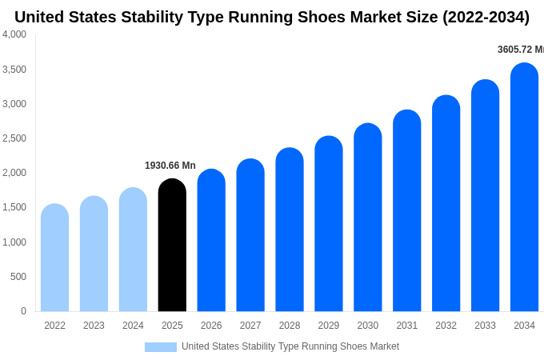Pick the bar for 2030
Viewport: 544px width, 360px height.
click(368, 218)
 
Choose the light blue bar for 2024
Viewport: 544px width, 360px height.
click(133, 250)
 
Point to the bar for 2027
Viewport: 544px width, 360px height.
click(250, 235)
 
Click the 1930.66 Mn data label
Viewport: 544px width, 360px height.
click(170, 166)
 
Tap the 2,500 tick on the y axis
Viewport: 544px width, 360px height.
click(14, 138)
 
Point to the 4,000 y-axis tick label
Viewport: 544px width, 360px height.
click(14, 34)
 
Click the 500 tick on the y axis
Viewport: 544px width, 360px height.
click(18, 277)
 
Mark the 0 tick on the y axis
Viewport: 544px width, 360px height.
click(23, 311)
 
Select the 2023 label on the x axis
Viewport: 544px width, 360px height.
click(94, 326)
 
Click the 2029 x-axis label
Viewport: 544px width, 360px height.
click(329, 326)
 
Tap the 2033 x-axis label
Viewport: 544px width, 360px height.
click(485, 326)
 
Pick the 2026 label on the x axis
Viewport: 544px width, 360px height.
click(211, 326)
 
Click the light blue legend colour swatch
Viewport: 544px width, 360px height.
click(160, 347)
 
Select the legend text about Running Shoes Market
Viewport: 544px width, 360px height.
click(290, 346)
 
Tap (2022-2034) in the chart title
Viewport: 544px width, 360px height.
click(486, 17)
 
